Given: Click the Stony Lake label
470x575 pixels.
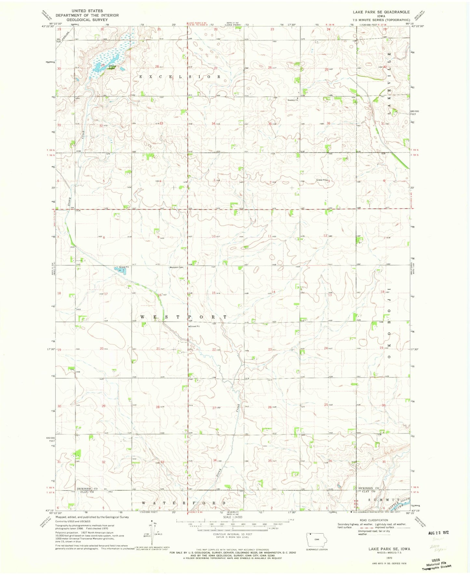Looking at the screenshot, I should (x=112, y=67).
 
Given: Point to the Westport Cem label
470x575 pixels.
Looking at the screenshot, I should (x=176, y=268).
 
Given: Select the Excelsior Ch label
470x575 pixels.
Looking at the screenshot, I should (x=292, y=100).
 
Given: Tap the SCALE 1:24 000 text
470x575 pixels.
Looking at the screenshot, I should (x=232, y=518).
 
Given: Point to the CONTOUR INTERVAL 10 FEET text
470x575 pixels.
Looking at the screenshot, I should (x=233, y=534).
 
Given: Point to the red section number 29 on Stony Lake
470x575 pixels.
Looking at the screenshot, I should (x=103, y=65).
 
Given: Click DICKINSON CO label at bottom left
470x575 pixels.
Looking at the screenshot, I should (x=87, y=489).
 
